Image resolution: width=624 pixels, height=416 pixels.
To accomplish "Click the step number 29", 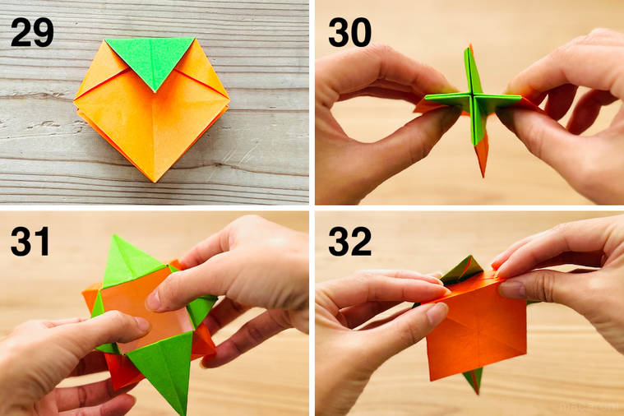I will (x=32, y=32).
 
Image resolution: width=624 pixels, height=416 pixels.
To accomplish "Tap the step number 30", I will (x=349, y=32).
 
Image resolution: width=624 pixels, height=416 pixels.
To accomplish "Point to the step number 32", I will (x=349, y=242).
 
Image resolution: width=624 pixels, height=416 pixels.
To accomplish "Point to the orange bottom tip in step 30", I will (x=482, y=164).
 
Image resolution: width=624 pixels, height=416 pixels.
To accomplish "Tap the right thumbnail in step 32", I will (x=511, y=289).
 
